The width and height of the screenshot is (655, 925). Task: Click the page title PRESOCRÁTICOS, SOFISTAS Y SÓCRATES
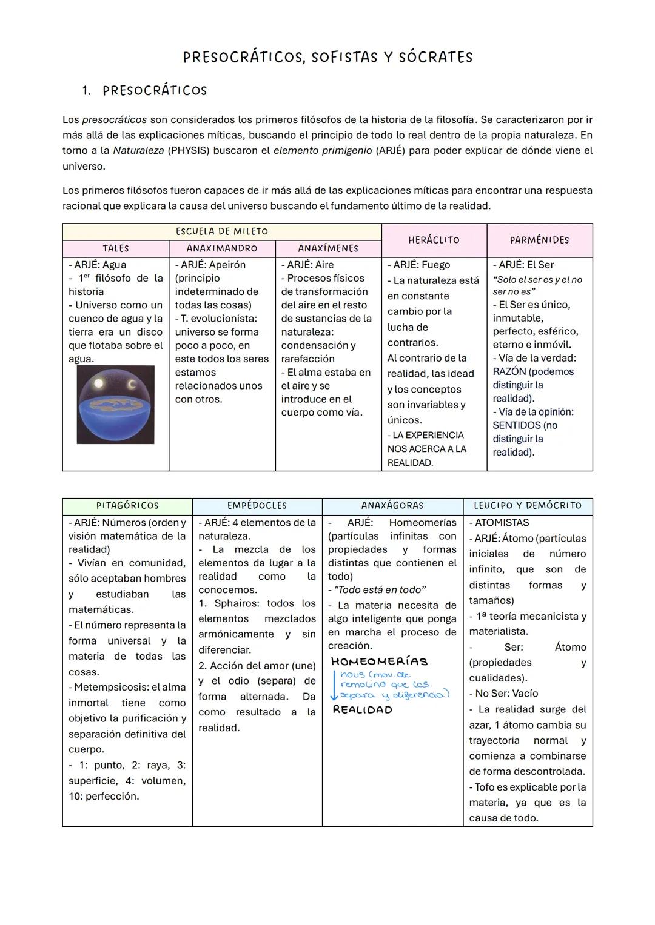327,58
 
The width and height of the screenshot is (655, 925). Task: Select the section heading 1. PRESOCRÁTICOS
145,91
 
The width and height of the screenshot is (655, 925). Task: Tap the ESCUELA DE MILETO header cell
222,231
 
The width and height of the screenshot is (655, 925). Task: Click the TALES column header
115,248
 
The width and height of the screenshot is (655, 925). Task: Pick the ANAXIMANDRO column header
222,248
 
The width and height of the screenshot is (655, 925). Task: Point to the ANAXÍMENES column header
328,248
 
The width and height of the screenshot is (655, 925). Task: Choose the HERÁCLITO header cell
434,240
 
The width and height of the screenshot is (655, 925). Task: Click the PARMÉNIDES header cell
539,240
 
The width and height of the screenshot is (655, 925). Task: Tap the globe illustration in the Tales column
116,405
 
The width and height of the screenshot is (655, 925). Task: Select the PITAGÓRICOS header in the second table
127,506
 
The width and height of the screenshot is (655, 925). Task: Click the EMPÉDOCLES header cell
257,506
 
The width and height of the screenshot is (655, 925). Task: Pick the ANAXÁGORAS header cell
392,506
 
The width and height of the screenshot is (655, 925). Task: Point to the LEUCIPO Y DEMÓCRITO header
528,506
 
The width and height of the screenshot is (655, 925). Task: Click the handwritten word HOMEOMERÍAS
380,661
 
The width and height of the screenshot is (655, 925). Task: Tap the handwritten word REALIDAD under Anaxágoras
363,710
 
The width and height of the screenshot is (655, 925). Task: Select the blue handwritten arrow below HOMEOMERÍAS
334,685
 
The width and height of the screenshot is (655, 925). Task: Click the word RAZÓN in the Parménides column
509,372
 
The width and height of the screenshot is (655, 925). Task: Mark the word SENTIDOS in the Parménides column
516,425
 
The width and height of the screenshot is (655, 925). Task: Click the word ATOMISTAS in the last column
502,523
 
